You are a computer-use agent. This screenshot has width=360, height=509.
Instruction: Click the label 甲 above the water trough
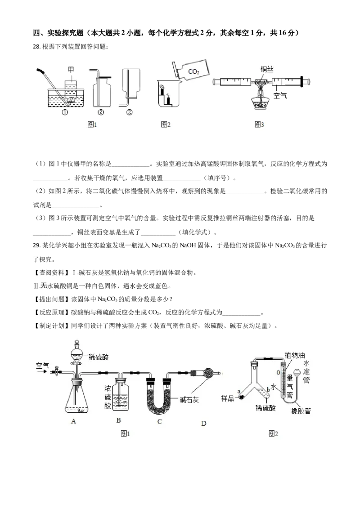coord(71,69)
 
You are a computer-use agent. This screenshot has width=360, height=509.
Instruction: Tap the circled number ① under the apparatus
coord(65,112)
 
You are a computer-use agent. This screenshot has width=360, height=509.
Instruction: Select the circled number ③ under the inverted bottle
coord(129,112)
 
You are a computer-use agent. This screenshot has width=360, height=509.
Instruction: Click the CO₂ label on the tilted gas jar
coord(193,71)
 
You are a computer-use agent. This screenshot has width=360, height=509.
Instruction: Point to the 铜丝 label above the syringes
coord(267,69)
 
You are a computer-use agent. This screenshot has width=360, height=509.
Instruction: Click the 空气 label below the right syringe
coord(280,95)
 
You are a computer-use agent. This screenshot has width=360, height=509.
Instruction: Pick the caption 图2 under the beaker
coord(166,125)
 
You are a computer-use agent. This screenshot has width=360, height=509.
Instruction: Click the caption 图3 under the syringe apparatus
coord(259,125)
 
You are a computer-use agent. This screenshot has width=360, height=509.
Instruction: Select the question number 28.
coord(37,46)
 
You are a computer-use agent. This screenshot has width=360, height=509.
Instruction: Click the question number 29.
coord(37,245)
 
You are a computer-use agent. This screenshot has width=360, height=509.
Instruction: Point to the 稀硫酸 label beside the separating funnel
coord(99,357)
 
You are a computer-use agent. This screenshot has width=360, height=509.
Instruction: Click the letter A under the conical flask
coord(73,421)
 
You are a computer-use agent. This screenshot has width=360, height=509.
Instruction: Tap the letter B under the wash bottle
coord(119,420)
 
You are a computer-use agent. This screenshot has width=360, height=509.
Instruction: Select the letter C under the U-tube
coord(160,421)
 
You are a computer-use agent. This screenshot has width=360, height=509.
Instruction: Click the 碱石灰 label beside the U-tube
coord(189,400)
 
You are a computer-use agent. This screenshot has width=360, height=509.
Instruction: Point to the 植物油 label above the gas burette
coord(295,355)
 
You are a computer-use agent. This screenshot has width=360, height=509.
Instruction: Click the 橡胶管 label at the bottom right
coord(301,411)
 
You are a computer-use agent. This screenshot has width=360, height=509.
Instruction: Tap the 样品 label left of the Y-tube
coord(227,398)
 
